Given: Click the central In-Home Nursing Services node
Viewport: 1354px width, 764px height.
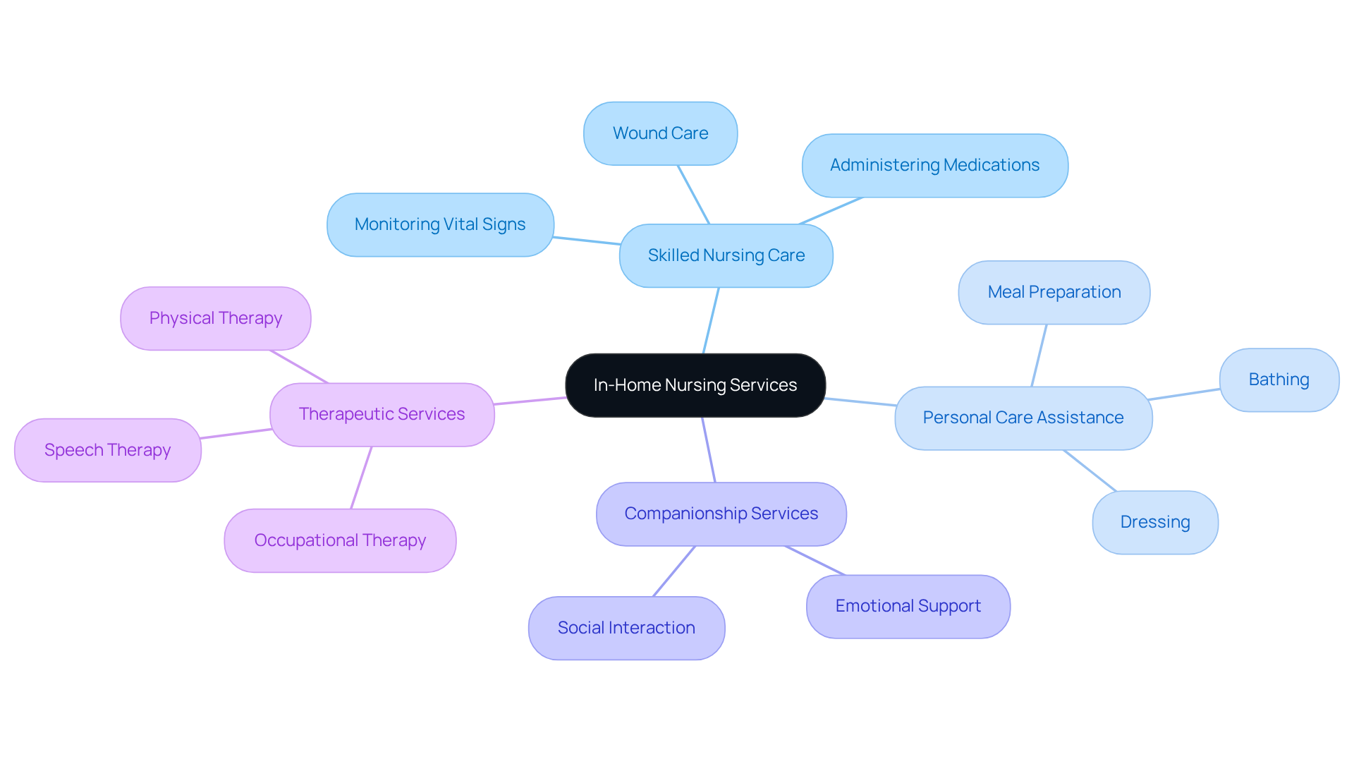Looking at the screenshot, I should pyautogui.click(x=695, y=385).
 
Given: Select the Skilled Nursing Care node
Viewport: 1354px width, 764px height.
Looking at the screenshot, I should pyautogui.click(x=726, y=255).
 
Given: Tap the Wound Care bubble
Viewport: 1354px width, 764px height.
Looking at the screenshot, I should pyautogui.click(x=660, y=133).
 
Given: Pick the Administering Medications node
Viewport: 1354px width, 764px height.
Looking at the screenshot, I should pyautogui.click(x=934, y=165).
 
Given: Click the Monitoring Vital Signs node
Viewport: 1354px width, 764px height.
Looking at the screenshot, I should pyautogui.click(x=440, y=224).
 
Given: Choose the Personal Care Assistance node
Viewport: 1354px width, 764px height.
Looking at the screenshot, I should pyautogui.click(x=1023, y=418).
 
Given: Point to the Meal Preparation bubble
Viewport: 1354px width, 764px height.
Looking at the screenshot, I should pyautogui.click(x=1054, y=292).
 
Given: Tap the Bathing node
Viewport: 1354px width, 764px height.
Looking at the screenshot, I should pyautogui.click(x=1279, y=380).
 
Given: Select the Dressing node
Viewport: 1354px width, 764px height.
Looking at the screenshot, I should pyautogui.click(x=1154, y=522).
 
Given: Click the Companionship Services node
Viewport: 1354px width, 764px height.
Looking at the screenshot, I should pyautogui.click(x=721, y=514).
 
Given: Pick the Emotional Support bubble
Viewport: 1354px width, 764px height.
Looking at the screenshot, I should pyautogui.click(x=908, y=606).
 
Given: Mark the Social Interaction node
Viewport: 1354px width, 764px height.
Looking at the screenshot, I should pyautogui.click(x=626, y=628).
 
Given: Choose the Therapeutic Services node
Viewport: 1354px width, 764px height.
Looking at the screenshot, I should pyautogui.click(x=382, y=414).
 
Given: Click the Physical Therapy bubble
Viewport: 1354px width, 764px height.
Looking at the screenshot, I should pyautogui.click(x=215, y=318).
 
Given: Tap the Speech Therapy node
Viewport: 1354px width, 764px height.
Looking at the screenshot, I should pyautogui.click(x=107, y=450).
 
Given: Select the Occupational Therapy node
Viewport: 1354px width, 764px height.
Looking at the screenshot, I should pyautogui.click(x=340, y=540).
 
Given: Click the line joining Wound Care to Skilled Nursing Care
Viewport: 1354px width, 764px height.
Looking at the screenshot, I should pyautogui.click(x=693, y=195).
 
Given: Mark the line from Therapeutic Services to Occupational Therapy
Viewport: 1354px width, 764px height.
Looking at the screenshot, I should pyautogui.click(x=361, y=478).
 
